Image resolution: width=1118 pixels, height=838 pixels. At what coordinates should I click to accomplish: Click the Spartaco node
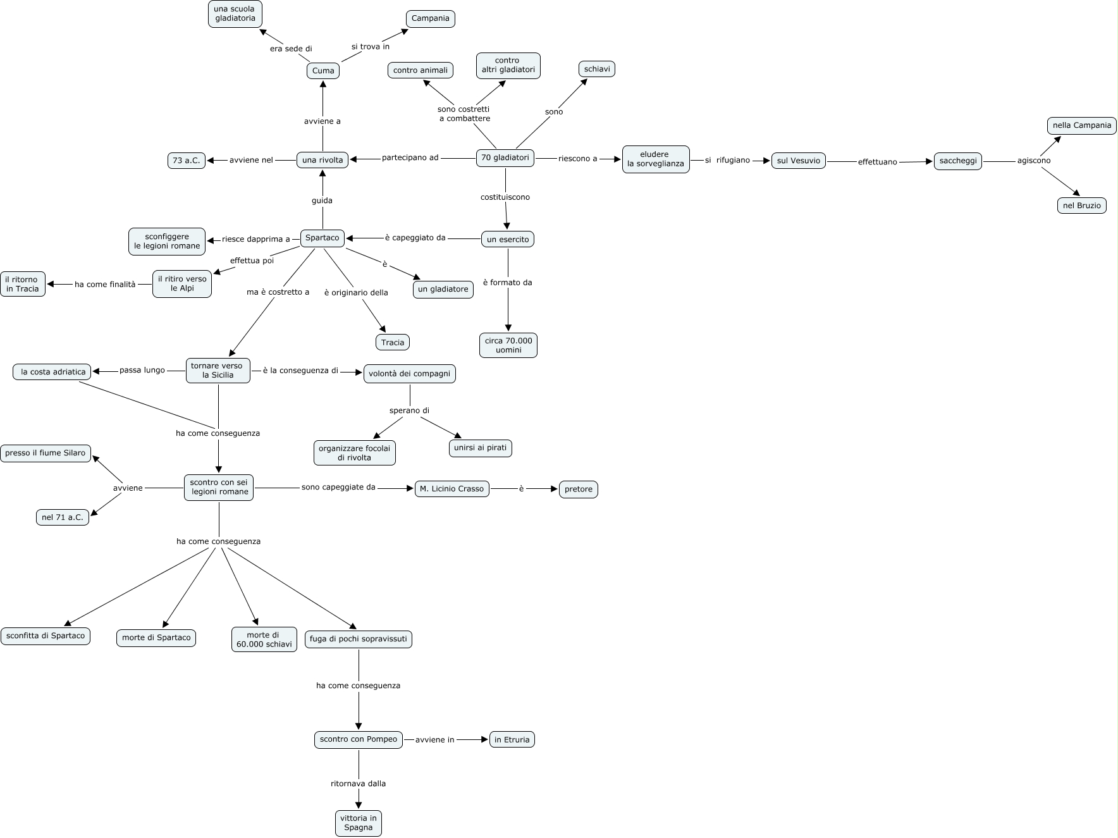(322, 238)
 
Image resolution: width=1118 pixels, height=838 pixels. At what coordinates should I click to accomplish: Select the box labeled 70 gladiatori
(505, 158)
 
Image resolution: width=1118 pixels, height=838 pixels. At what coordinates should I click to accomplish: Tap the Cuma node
(322, 71)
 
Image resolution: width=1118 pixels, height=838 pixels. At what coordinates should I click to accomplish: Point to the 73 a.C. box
(186, 161)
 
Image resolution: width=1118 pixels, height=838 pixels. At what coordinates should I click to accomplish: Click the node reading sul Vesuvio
(798, 161)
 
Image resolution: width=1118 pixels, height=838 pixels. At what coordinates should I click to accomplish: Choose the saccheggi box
(957, 161)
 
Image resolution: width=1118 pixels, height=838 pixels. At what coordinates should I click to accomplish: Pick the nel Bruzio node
(1081, 206)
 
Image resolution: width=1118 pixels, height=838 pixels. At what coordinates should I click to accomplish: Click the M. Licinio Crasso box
(451, 489)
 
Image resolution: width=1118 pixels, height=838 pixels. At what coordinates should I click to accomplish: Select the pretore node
(578, 490)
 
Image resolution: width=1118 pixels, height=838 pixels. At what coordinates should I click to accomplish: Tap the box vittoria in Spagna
(358, 823)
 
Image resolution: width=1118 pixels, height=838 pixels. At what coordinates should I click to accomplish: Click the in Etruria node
(512, 739)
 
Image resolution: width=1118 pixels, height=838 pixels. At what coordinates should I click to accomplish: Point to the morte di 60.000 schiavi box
(264, 639)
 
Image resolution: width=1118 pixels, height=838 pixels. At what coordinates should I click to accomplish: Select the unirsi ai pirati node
(480, 448)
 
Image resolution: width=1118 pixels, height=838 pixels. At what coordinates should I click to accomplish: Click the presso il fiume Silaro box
(46, 453)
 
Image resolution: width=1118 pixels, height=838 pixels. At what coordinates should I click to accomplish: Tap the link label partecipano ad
(410, 158)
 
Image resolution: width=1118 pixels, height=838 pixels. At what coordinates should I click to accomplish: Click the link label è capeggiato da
(415, 238)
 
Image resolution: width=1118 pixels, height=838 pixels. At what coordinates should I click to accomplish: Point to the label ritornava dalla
(358, 784)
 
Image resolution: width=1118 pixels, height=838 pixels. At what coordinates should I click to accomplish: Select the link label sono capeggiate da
(338, 488)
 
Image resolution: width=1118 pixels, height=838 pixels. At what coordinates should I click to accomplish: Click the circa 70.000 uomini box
(508, 345)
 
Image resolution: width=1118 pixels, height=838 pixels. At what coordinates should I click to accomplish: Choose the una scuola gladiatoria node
(235, 14)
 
